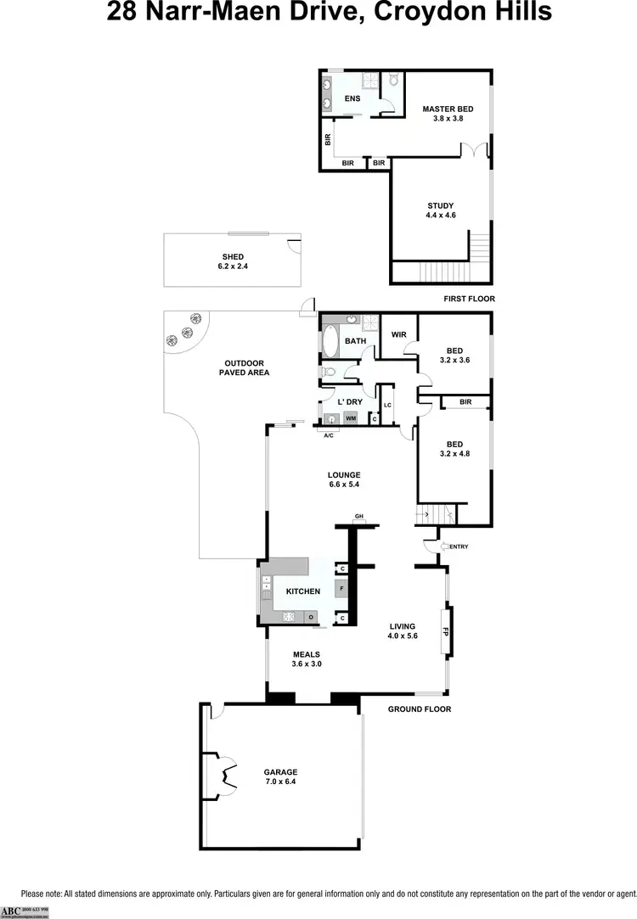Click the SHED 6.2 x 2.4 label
pos(233,261)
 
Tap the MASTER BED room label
pos(448,114)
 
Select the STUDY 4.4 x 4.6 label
pos(441,210)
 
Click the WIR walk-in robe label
pos(399,334)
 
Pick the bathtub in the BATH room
pos(330,342)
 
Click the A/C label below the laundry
pos(328,435)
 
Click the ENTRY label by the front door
pos(458,546)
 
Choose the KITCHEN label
pos(303,591)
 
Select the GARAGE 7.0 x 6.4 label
pos(280,776)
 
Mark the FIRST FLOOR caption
pos(470,299)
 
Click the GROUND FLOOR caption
pos(420,709)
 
